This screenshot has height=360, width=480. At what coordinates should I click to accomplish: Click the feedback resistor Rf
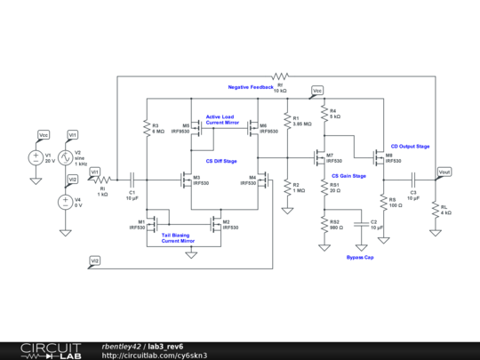click(x=280, y=77)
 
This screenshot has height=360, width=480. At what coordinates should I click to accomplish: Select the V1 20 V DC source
click(x=36, y=158)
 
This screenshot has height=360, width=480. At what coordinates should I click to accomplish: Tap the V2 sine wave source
click(x=64, y=158)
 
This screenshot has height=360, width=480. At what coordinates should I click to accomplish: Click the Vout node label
click(x=444, y=171)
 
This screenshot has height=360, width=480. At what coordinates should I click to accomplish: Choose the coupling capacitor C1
click(x=132, y=178)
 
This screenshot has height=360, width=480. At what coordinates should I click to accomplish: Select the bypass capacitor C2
click(x=362, y=222)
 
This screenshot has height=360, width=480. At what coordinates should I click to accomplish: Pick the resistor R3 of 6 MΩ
click(x=145, y=129)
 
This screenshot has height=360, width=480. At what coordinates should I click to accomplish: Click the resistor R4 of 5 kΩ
click(x=324, y=114)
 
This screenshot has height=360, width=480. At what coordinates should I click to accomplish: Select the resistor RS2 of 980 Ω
click(x=324, y=226)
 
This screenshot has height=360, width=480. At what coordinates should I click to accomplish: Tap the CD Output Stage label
click(x=410, y=146)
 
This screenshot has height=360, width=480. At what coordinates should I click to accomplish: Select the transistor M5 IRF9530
click(x=199, y=129)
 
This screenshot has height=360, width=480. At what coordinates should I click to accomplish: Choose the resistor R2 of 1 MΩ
click(x=286, y=188)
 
